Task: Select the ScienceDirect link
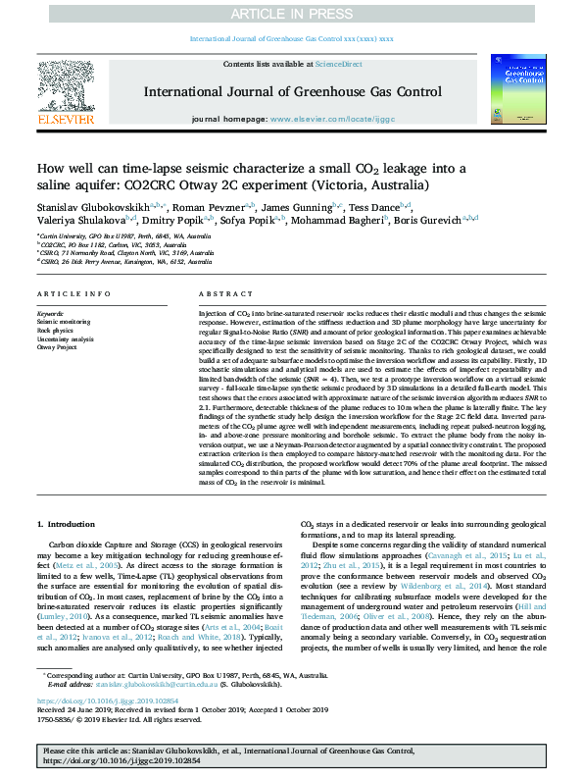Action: point(336,64)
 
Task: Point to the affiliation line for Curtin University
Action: point(123,237)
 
